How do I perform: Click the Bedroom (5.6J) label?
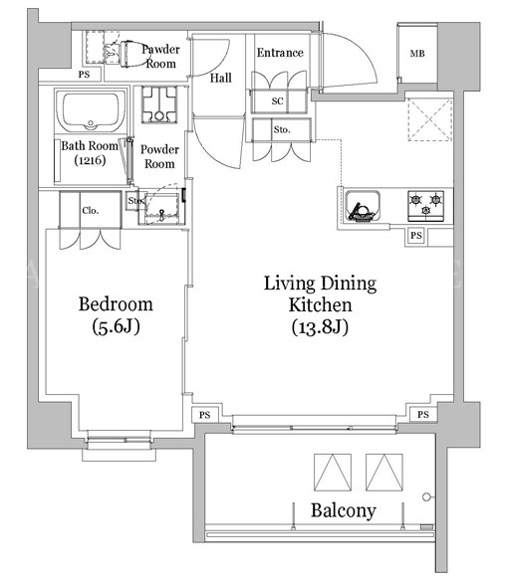click(116, 315)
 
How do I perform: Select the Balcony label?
click(343, 510)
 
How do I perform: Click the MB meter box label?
click(417, 54)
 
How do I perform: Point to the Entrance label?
click(280, 53)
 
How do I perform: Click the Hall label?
click(220, 78)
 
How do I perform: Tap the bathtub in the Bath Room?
click(90, 109)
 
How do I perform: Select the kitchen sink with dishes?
click(363, 206)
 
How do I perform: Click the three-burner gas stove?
click(425, 206)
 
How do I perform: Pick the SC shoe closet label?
click(278, 100)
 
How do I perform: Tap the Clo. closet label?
click(90, 211)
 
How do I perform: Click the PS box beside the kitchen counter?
click(416, 236)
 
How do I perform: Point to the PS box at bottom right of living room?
click(423, 415)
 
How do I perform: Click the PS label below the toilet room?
click(85, 75)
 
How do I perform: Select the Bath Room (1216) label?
click(90, 152)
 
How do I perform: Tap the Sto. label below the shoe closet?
click(282, 130)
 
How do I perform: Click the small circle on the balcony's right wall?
click(426, 497)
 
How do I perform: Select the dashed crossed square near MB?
click(429, 119)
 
